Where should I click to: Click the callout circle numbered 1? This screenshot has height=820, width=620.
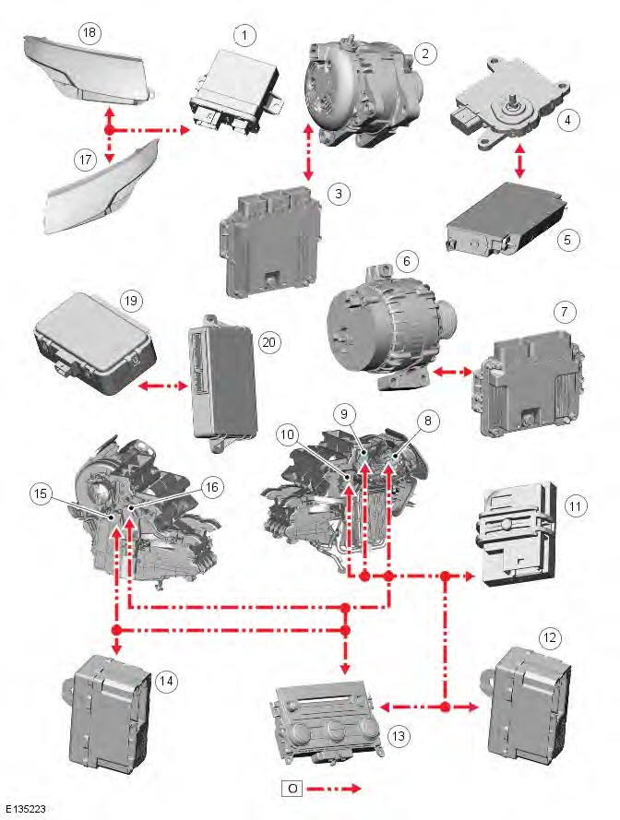click(244, 36)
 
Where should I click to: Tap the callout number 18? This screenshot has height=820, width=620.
click(89, 33)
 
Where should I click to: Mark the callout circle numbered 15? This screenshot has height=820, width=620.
click(40, 493)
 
